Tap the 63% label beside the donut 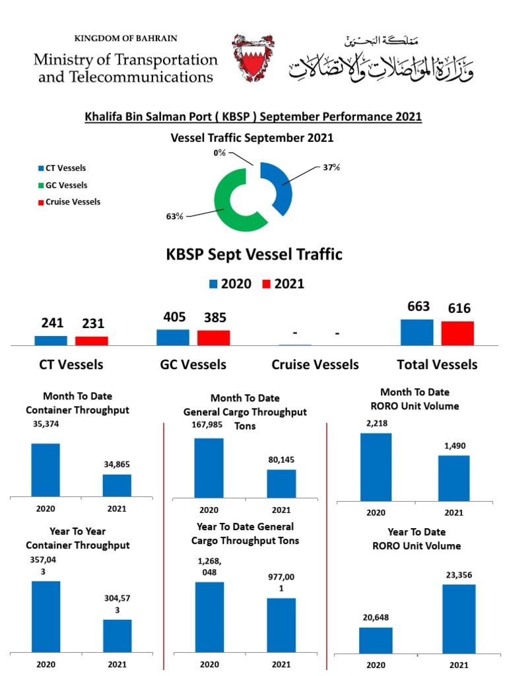click(x=175, y=216)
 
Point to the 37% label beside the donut click(x=331, y=168)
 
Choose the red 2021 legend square click(x=267, y=284)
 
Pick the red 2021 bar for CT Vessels click(x=91, y=341)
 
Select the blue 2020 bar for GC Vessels click(x=173, y=337)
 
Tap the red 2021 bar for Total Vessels click(x=457, y=333)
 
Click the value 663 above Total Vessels click(x=419, y=307)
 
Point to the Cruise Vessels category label click(x=316, y=364)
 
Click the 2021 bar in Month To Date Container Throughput click(x=117, y=485)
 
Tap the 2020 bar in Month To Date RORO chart click(x=376, y=467)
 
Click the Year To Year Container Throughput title click(x=77, y=538)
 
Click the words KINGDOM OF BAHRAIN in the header click(x=126, y=39)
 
